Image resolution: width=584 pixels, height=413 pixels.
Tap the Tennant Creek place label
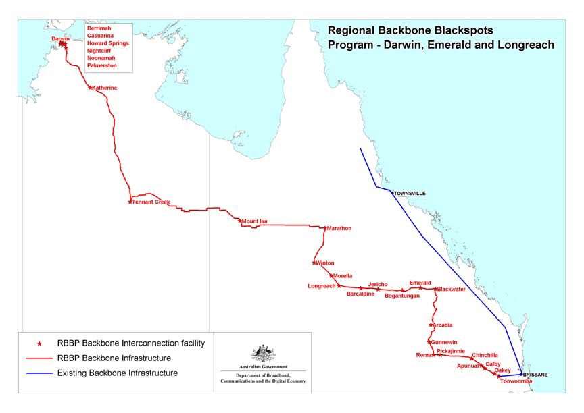tap(152, 202)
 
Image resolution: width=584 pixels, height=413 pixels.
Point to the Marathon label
tap(340, 229)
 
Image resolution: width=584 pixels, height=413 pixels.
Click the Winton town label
tap(325, 263)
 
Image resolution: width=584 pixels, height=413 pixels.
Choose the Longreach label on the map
tap(322, 286)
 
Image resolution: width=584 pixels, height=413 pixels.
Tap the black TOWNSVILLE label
tap(411, 194)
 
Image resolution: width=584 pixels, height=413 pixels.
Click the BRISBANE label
tap(535, 375)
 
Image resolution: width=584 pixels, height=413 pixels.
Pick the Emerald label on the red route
tap(420, 283)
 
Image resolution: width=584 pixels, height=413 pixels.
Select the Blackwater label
tap(452, 290)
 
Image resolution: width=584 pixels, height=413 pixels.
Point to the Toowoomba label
tap(516, 381)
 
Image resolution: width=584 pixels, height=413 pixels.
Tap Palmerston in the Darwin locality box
tap(102, 65)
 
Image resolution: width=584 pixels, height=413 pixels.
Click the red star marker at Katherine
tap(91, 88)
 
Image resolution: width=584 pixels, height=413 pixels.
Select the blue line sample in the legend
tap(39, 373)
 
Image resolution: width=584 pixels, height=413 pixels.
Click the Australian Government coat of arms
tap(263, 354)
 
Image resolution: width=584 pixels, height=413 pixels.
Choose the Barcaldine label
tap(360, 294)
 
